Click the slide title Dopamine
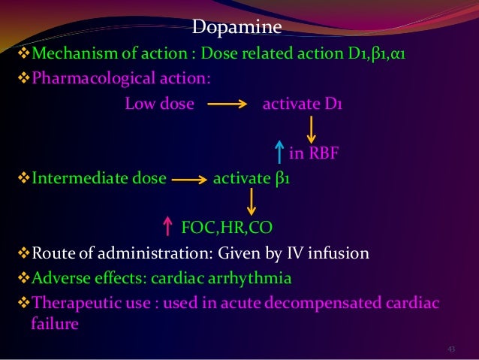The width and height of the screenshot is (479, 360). click(236, 29)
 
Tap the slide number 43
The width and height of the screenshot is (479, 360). click(451, 349)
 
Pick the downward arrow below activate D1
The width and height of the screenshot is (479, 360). click(309, 130)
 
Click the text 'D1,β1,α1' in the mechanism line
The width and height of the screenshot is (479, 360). click(388, 54)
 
